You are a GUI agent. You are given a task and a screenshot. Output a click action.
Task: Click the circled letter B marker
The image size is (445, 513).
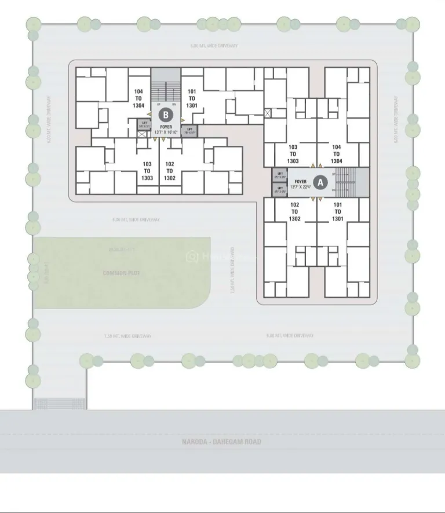pos(166,114)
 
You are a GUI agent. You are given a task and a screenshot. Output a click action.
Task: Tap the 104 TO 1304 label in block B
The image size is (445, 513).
pos(138,98)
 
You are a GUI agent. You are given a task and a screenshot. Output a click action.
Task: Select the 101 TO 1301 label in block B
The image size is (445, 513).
pos(192,98)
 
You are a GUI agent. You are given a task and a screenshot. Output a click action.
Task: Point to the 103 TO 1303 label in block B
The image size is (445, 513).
pos(147,171)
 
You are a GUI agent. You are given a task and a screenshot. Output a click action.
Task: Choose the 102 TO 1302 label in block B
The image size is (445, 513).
pos(170,171)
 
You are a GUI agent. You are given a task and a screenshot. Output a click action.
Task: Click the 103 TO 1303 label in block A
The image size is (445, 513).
pos(293,154)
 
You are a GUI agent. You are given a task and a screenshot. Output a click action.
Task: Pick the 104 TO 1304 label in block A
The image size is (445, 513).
pos(337,154)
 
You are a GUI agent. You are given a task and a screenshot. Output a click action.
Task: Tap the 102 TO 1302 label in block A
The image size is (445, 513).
pos(294,211)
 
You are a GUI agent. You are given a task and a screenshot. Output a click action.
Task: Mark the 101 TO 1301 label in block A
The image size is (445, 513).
pos(338,211)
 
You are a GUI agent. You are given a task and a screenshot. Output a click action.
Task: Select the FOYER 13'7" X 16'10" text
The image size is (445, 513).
pos(166,129)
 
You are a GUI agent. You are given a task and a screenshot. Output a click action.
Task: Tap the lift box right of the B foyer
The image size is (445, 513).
pos(189,130)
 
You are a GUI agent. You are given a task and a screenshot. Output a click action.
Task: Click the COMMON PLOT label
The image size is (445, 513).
pos(122,273)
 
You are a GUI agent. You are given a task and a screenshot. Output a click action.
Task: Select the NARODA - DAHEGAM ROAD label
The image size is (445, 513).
pos(222,442)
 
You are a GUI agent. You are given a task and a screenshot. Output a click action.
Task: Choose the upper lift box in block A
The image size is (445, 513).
pos(280,175)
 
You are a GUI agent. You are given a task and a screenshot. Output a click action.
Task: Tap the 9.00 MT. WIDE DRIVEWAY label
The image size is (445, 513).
pos(290,336)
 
